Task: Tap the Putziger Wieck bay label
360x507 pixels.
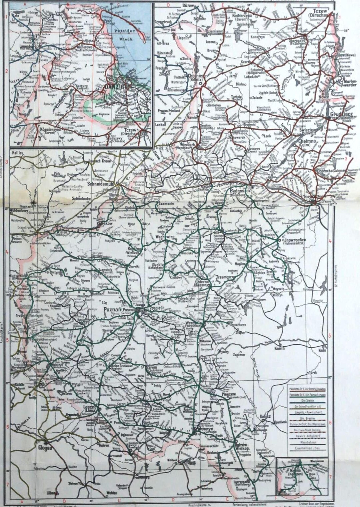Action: click(124, 34)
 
